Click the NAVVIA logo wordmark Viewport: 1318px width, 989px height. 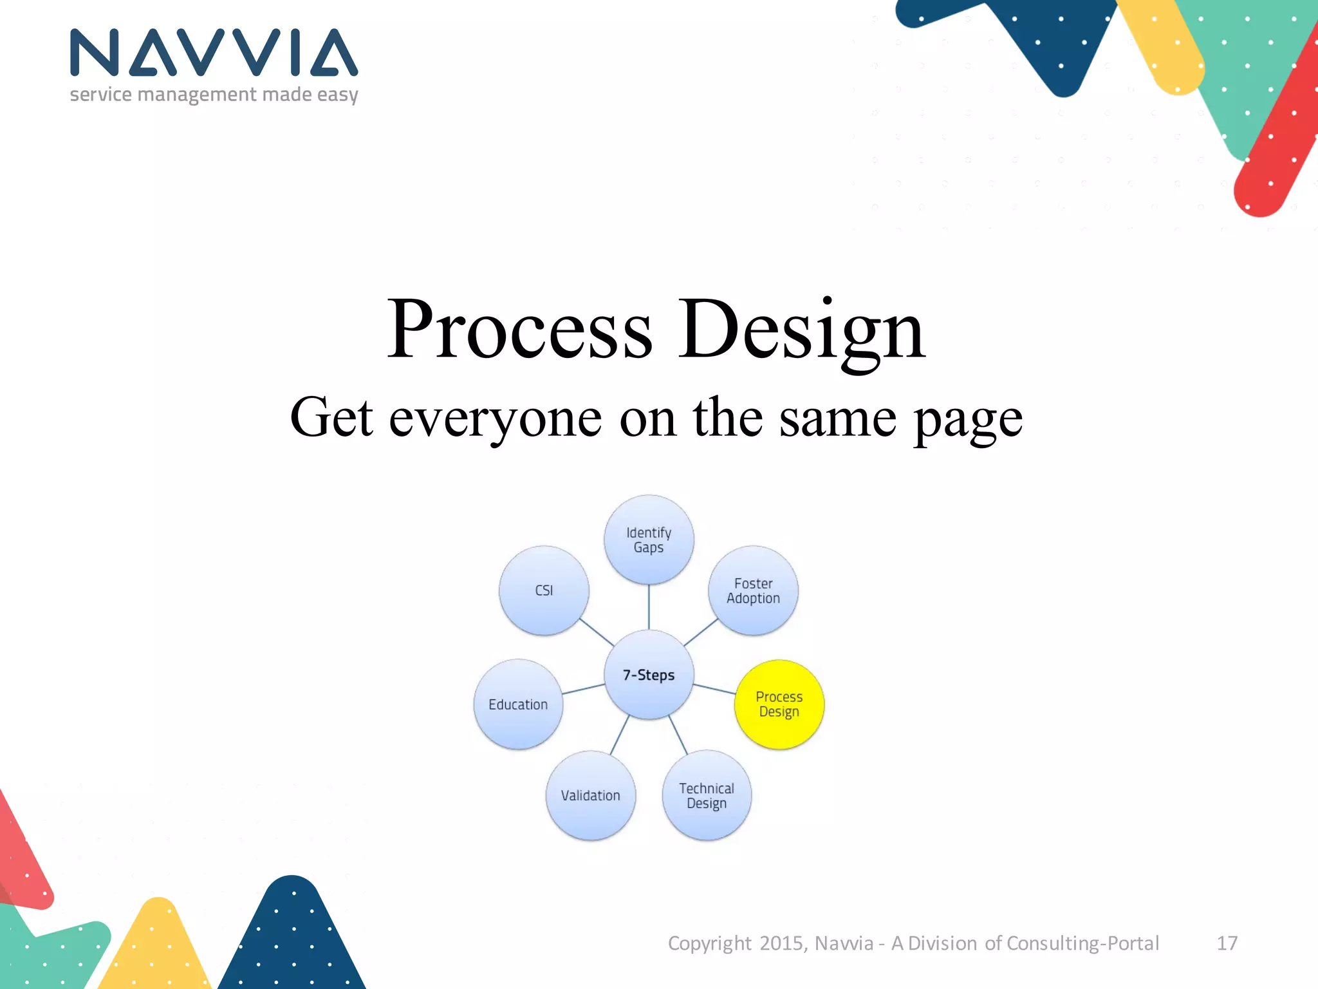click(x=214, y=53)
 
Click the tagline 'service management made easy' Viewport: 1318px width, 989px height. click(x=214, y=95)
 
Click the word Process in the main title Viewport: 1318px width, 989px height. click(x=519, y=330)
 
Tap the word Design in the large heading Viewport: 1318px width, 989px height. click(x=801, y=330)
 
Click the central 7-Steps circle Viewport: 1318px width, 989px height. click(x=649, y=674)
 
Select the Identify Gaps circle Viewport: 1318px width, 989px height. click(x=649, y=540)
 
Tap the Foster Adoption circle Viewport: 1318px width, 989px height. click(x=753, y=590)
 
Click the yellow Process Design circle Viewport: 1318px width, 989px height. click(x=779, y=704)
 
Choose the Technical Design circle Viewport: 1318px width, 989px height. click(x=706, y=795)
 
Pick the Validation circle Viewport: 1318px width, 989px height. click(x=590, y=795)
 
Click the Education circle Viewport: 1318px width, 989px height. click(x=518, y=704)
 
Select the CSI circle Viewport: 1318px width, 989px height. click(x=544, y=590)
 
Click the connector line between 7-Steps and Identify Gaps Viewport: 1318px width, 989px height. click(x=649, y=607)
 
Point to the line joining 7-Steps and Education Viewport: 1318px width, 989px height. click(x=583, y=689)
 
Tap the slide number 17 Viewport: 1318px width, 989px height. click(x=1227, y=943)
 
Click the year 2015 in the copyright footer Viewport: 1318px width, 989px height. click(x=781, y=943)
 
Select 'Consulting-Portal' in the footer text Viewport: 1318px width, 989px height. click(x=1082, y=943)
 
